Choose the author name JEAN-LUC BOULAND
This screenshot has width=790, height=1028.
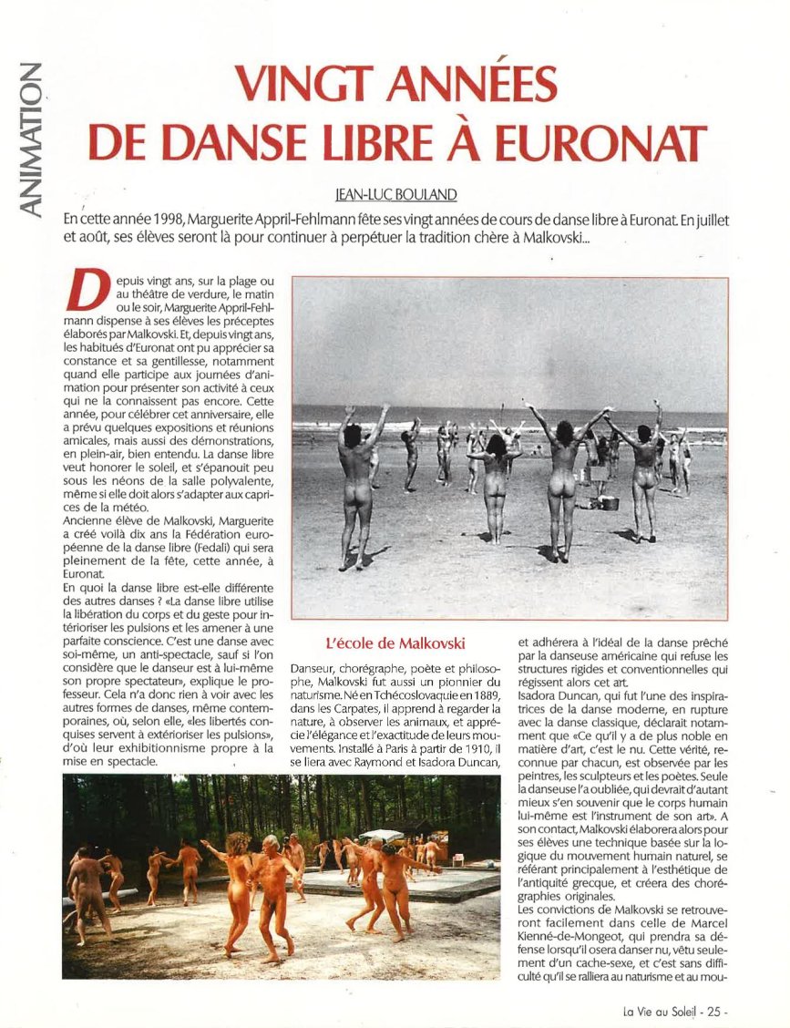coord(395,194)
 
